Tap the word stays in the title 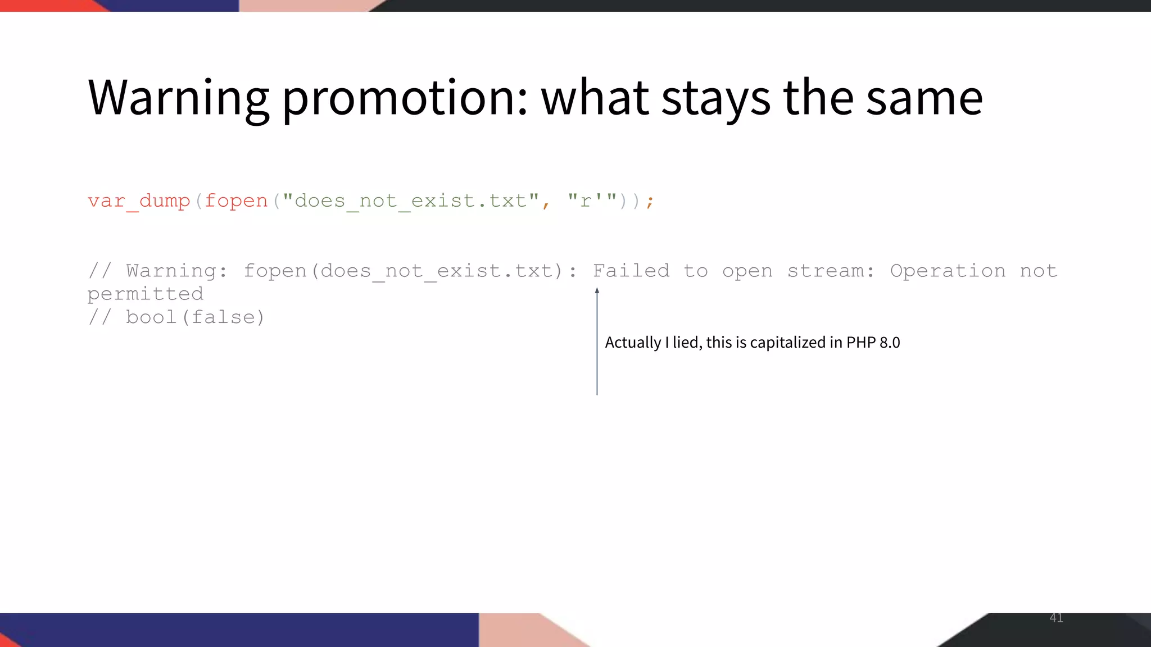point(716,98)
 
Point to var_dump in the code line point(139,201)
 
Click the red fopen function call point(236,201)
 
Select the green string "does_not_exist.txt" point(411,201)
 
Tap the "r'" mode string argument point(592,201)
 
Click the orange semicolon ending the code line point(650,201)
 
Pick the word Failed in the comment point(631,271)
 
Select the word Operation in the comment point(948,271)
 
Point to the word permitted point(146,294)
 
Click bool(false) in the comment point(194,317)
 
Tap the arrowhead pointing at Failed point(597,291)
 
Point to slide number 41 point(1056,618)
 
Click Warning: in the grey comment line point(176,271)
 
